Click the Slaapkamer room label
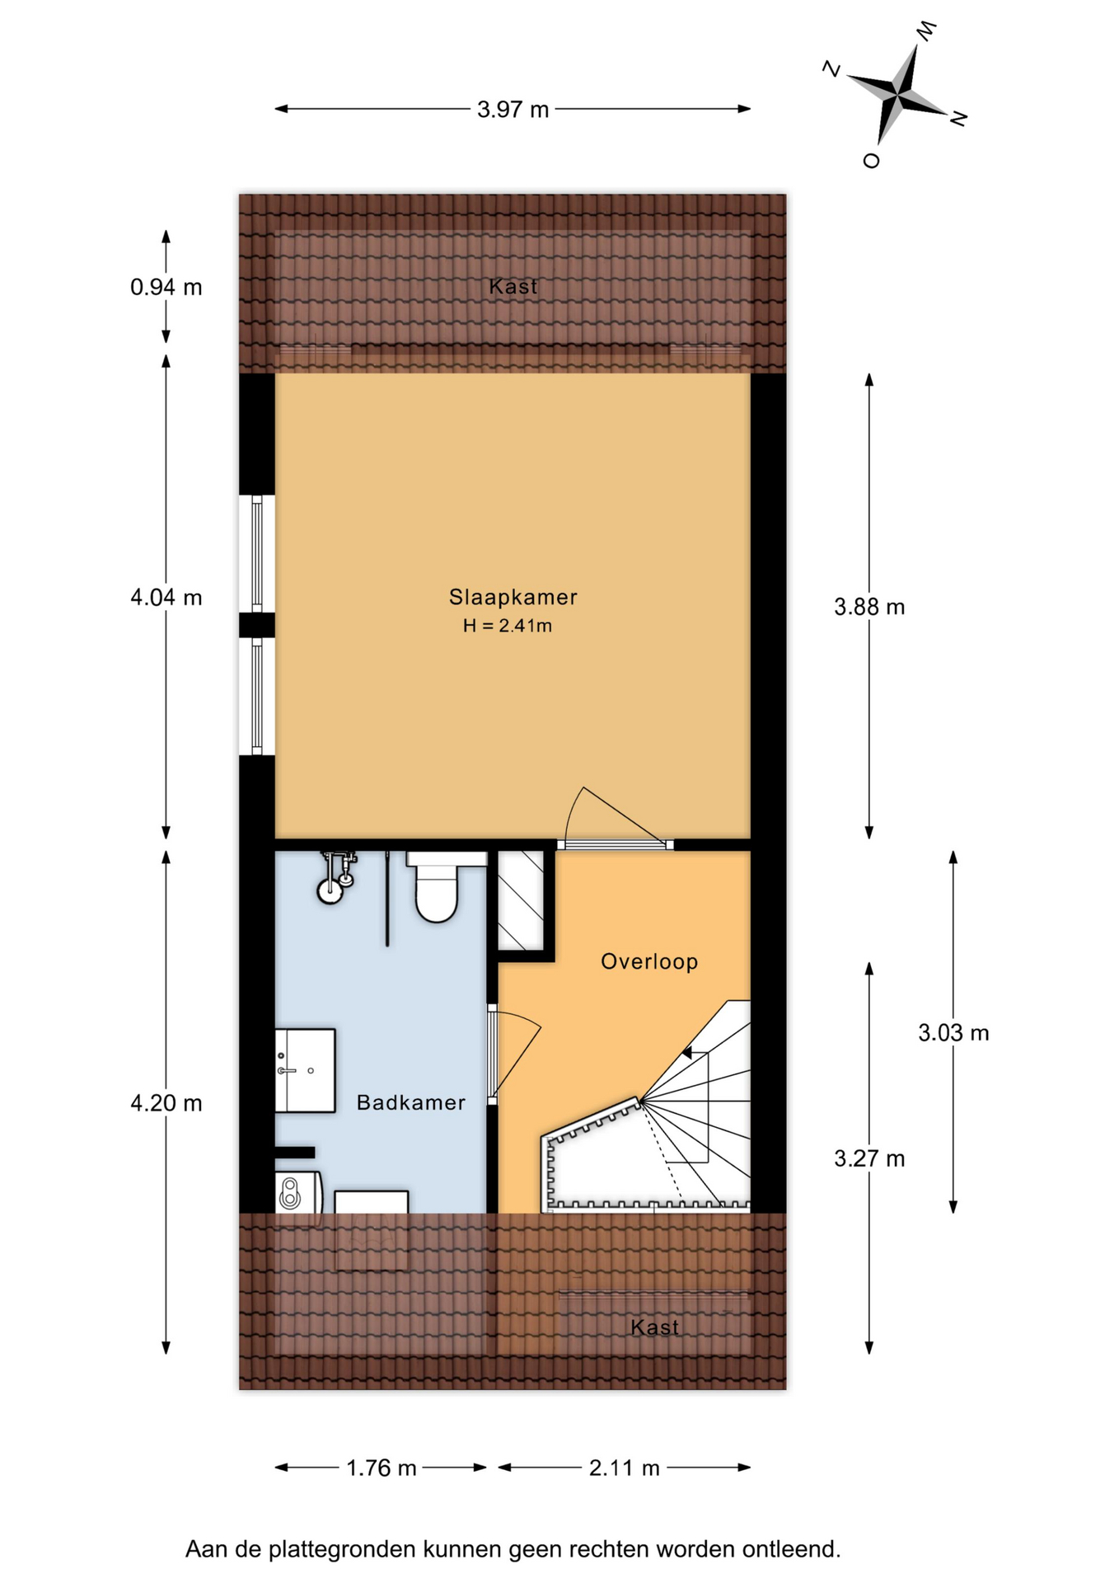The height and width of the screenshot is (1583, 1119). pyautogui.click(x=513, y=598)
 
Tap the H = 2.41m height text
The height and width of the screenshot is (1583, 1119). pyautogui.click(x=508, y=626)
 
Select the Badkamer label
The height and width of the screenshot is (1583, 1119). pyautogui.click(x=410, y=1102)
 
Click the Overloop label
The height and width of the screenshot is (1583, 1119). pyautogui.click(x=649, y=961)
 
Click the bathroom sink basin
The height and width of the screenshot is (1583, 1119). pyautogui.click(x=305, y=1070)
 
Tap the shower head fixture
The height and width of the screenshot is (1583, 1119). pyautogui.click(x=336, y=878)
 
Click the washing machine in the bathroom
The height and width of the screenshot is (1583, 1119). pyautogui.click(x=297, y=1192)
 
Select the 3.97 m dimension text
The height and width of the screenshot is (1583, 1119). pyautogui.click(x=513, y=110)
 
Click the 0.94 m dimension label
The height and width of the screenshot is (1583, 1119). pyautogui.click(x=166, y=287)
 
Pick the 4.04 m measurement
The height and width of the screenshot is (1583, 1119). pyautogui.click(x=166, y=597)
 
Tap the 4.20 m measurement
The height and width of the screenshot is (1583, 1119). pyautogui.click(x=166, y=1103)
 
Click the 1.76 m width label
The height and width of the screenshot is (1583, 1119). pyautogui.click(x=381, y=1468)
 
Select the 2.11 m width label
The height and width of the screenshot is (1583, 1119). pyautogui.click(x=624, y=1468)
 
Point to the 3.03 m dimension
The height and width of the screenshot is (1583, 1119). pyautogui.click(x=953, y=1032)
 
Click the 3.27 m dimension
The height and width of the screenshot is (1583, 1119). pyautogui.click(x=869, y=1158)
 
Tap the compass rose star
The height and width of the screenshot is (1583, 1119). pyautogui.click(x=897, y=95)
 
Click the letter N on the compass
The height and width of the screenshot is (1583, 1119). pyautogui.click(x=958, y=119)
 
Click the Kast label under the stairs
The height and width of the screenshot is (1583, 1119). pyautogui.click(x=654, y=1327)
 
